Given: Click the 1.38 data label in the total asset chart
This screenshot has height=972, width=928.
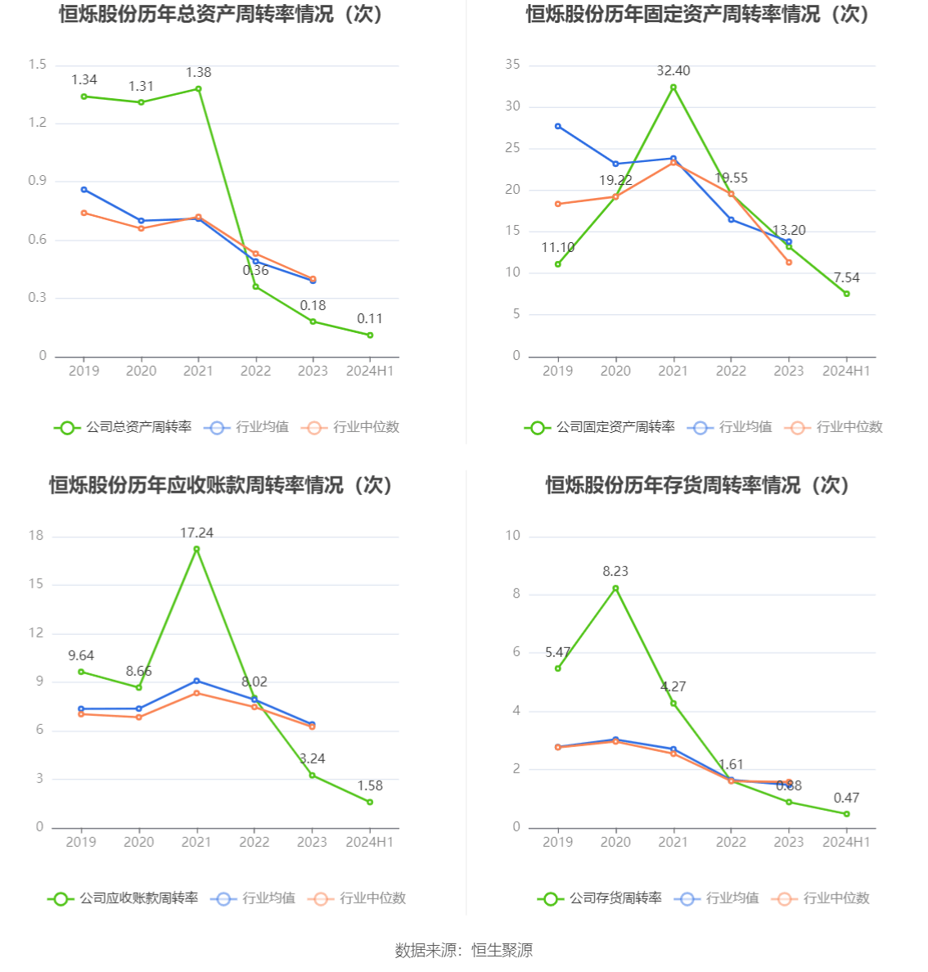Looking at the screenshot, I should tap(198, 73).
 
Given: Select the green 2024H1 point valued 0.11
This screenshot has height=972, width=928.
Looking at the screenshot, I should tap(370, 335).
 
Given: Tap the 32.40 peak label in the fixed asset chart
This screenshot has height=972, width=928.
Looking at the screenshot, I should tap(673, 71).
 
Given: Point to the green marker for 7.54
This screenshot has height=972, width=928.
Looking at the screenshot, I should tap(846, 294).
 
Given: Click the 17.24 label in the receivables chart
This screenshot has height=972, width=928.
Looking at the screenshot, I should tap(196, 533).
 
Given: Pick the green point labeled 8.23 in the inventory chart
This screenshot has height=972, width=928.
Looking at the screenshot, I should tap(615, 588).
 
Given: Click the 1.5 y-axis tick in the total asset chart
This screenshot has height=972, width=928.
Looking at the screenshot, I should tap(38, 65).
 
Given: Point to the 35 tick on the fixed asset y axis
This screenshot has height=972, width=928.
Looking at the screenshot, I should tap(512, 65).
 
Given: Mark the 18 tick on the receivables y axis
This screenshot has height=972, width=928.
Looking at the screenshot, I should tap(36, 536).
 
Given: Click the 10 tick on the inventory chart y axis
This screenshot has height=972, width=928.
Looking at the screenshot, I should tap(512, 536).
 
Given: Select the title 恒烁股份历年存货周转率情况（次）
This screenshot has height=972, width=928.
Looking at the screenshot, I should tap(697, 485).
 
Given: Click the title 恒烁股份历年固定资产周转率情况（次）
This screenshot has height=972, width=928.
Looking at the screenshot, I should tap(697, 14).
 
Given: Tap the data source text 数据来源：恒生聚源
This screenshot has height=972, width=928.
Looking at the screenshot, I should tap(463, 950).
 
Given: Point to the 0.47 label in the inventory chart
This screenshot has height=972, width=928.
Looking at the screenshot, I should tap(846, 799).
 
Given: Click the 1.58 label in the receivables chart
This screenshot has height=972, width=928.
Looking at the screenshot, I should tap(370, 786).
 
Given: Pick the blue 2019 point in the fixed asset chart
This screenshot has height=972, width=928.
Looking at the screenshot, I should tap(558, 126).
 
